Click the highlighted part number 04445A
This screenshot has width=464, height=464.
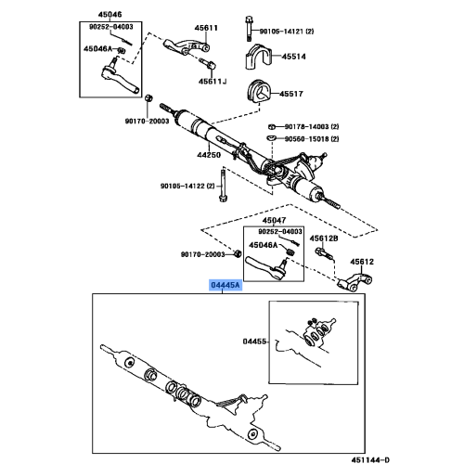[x=226, y=287]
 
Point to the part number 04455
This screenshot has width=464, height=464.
[x=253, y=342]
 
